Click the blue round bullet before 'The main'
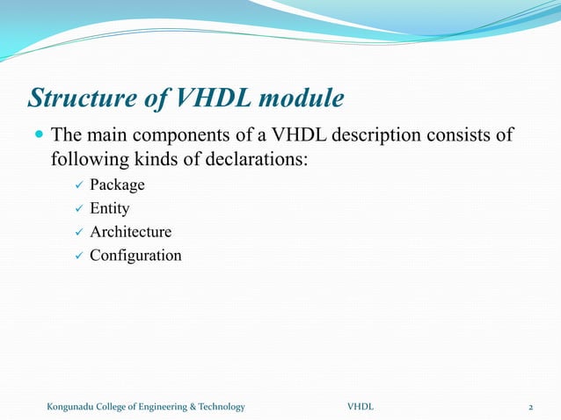37,136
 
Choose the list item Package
117,185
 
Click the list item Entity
110,209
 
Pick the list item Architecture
130,233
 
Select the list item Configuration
135,256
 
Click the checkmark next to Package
77,185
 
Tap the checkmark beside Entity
77,209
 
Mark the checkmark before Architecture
77,233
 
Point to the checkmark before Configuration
77,256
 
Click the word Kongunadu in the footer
73,407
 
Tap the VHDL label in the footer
360,407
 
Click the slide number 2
531,407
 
